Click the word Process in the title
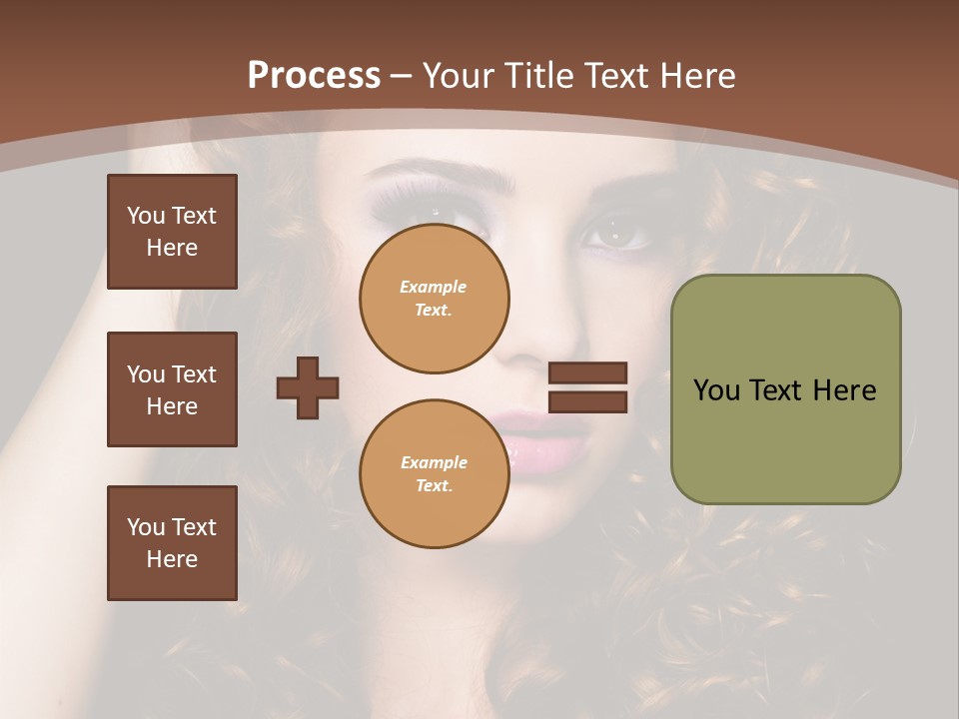(x=314, y=76)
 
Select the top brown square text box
(x=172, y=232)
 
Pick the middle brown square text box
(x=172, y=389)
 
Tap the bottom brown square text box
(x=172, y=542)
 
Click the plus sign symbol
(x=308, y=387)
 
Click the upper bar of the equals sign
(x=587, y=372)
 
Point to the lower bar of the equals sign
(x=587, y=401)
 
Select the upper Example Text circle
(x=434, y=299)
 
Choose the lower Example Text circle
(x=434, y=474)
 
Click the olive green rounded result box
(x=785, y=389)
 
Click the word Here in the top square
(x=172, y=248)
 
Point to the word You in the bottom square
(x=146, y=527)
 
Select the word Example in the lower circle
(x=434, y=462)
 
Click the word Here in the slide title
(x=693, y=76)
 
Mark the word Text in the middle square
(x=194, y=374)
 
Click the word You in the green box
(x=716, y=390)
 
